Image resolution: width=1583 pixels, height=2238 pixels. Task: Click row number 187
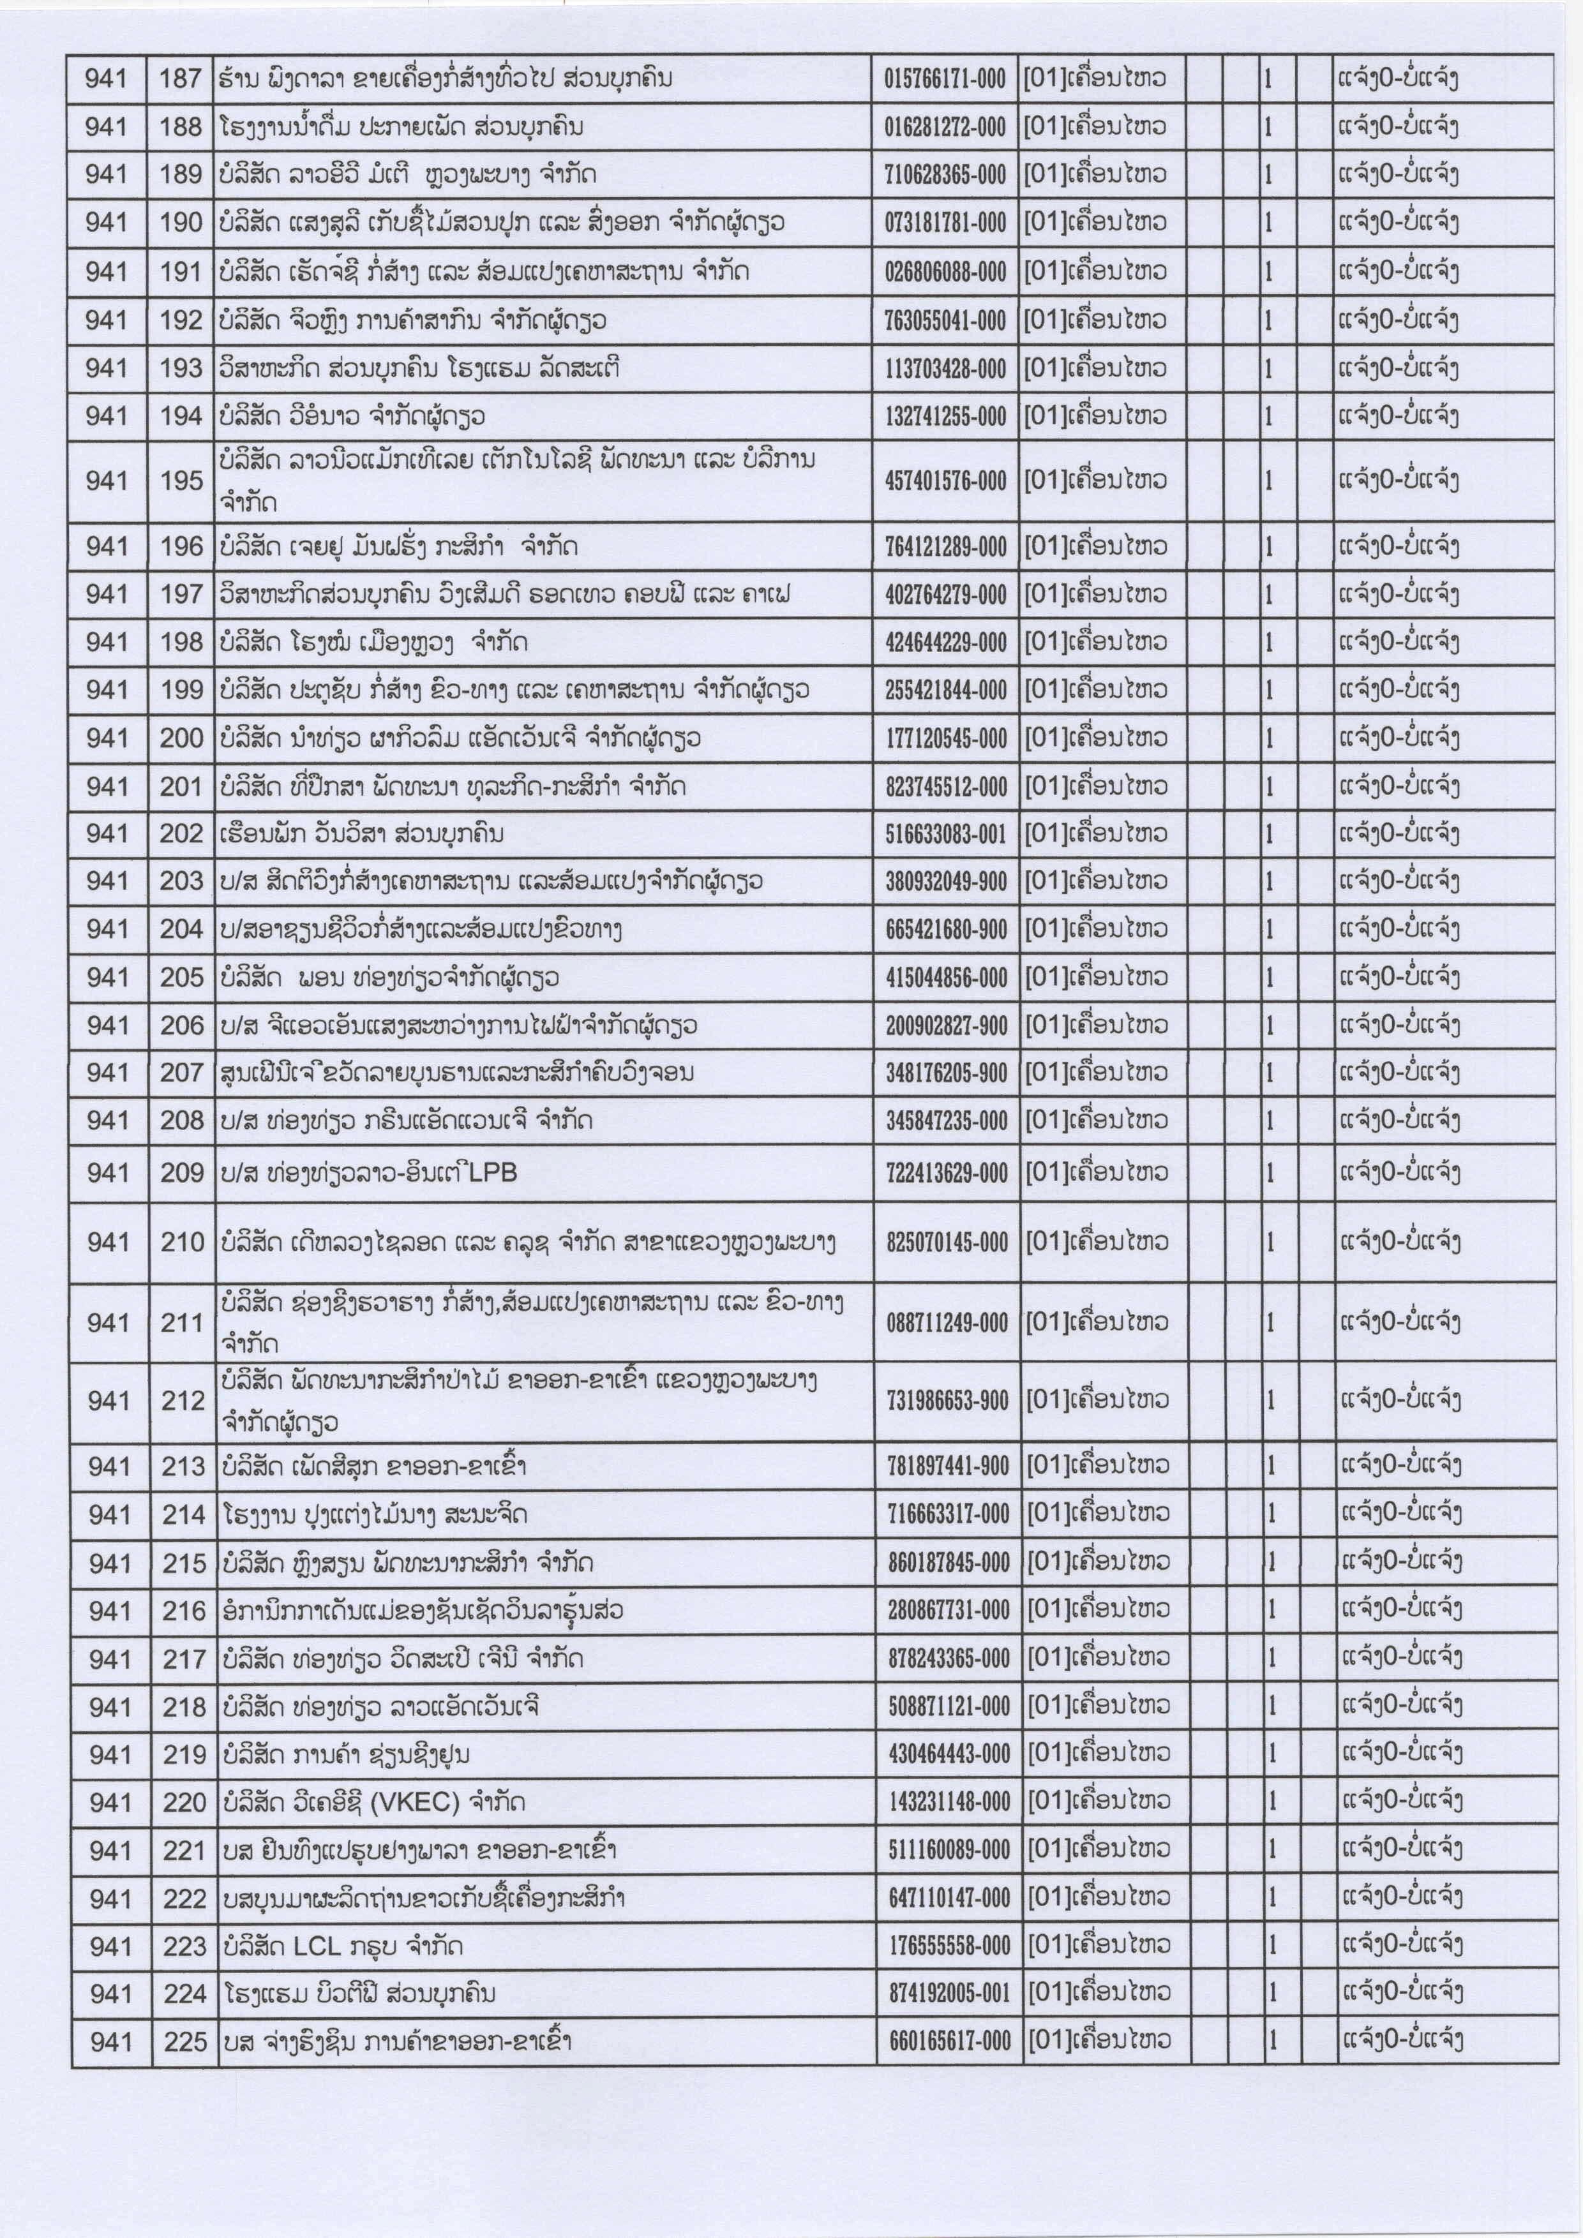181,78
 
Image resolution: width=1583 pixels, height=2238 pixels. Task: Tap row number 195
181,481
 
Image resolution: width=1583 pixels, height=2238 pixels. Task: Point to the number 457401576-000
945,481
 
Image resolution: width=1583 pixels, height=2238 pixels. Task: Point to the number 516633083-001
945,834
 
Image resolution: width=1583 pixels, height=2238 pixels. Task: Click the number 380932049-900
945,882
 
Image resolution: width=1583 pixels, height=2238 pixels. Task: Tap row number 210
183,1242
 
